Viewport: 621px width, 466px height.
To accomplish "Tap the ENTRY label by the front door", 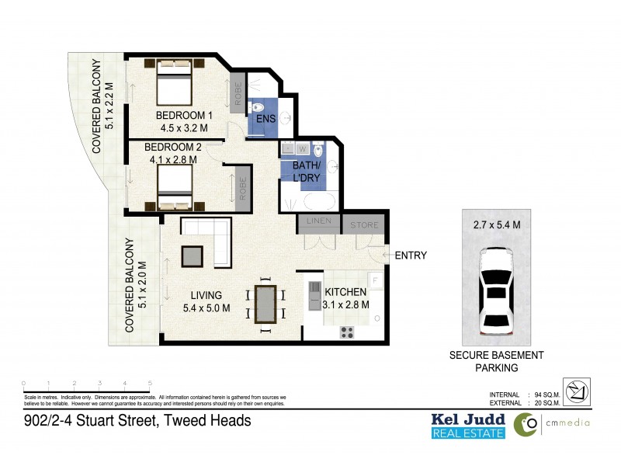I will click(x=411, y=256).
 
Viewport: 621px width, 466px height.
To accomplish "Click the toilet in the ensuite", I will click(x=261, y=108).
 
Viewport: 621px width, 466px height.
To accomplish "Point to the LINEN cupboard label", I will click(x=319, y=222).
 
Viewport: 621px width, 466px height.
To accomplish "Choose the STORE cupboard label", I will click(x=364, y=225).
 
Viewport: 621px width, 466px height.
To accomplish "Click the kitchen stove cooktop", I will click(x=347, y=332).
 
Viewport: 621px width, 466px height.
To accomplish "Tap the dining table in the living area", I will click(x=264, y=304).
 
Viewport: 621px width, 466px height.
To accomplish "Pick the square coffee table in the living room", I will click(x=192, y=256).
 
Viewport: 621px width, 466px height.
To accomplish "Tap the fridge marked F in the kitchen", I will click(x=374, y=280).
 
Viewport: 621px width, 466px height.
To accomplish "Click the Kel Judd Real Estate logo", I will click(x=468, y=425).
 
